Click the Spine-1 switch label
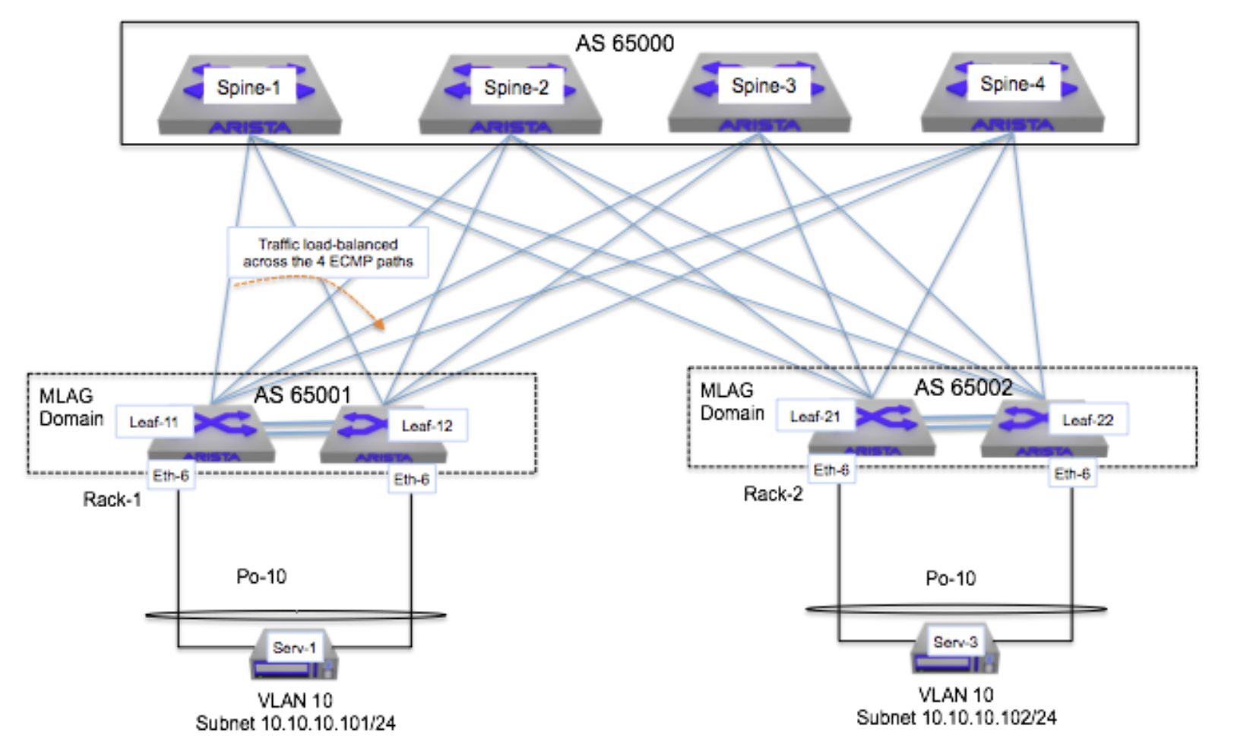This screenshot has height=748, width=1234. coord(248,87)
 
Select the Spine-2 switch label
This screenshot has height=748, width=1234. coord(516,87)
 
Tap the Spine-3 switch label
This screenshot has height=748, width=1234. coord(763,86)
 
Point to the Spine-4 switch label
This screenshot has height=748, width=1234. coord(1012,84)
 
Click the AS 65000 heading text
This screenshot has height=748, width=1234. coord(624,43)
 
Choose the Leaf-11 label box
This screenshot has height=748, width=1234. coord(153,422)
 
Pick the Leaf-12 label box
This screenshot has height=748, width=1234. coord(427,426)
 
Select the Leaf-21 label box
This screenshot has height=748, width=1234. coord(815,417)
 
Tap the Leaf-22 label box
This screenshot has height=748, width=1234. coord(1087,420)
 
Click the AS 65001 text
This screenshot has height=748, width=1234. coord(302,395)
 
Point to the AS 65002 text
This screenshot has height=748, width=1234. coord(963,388)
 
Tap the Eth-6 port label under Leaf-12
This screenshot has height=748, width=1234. coord(411,480)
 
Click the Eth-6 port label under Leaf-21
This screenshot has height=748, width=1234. coord(831,471)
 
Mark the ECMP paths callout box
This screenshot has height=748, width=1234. coord(327,252)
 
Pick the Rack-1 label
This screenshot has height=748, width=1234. coord(112,499)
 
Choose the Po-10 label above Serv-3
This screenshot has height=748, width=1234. coord(950,578)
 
